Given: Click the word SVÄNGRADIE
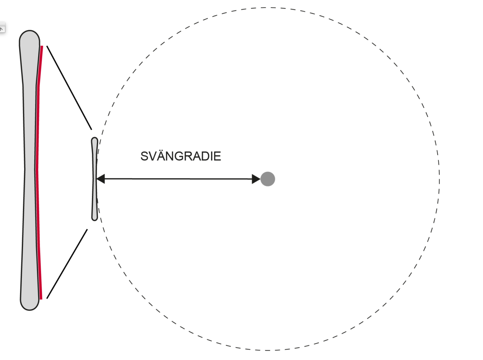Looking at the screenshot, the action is click(181, 156).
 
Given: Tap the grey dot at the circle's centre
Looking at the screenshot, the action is click(268, 179).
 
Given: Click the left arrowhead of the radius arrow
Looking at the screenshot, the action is click(100, 179).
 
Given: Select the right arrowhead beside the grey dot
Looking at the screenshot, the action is click(256, 179).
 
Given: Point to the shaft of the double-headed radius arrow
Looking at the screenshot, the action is click(178, 179).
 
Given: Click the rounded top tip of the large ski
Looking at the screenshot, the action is click(29, 31).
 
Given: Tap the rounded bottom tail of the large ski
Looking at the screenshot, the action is click(30, 310).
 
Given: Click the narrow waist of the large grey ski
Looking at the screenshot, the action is click(30, 169).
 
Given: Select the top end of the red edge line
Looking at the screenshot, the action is click(42, 46).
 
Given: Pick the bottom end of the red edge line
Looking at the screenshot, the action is click(41, 299).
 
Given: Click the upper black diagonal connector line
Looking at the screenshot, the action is click(69, 88).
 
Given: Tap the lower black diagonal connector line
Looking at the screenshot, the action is click(67, 264).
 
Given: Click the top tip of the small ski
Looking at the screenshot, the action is click(94, 138).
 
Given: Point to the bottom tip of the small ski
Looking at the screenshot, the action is click(95, 220).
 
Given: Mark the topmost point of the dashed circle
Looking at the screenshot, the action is click(268, 8).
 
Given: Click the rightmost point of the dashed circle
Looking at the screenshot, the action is click(439, 179).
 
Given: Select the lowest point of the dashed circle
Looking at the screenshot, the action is click(268, 350).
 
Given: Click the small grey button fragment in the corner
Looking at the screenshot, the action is click(2, 28).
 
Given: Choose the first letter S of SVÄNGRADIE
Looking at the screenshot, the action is click(145, 156).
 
